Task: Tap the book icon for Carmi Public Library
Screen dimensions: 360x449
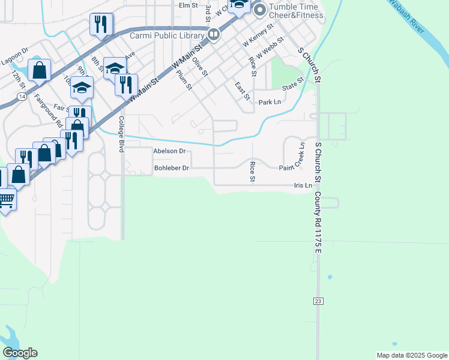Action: pos(212,35)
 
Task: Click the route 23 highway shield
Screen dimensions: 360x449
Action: pos(317,300)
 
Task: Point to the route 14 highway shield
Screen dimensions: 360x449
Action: pos(22,95)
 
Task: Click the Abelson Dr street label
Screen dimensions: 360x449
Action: pos(170,151)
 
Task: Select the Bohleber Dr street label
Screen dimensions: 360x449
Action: pos(172,168)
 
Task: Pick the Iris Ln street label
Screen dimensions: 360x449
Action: pos(303,185)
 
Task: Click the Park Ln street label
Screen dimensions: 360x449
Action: pos(270,103)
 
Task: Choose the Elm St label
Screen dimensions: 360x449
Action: pos(188,5)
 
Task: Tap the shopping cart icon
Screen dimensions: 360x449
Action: pos(5,199)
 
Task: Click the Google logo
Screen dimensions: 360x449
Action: pos(20,353)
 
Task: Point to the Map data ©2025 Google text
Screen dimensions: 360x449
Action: pos(411,355)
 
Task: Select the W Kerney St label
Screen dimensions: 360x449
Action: pos(258,35)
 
